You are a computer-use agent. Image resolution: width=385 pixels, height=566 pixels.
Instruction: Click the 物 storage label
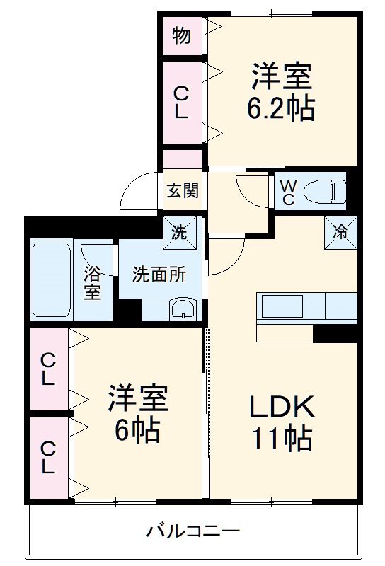pyautogui.click(x=181, y=35)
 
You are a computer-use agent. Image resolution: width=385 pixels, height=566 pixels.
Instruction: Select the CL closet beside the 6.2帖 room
pyautogui.click(x=181, y=102)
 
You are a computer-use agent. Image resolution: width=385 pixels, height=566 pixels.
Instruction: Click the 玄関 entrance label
pyautogui.click(x=183, y=190)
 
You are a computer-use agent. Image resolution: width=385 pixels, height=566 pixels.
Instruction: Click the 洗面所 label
pyautogui.click(x=159, y=275)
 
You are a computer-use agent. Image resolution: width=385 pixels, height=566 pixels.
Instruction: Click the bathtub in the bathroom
pyautogui.click(x=52, y=280)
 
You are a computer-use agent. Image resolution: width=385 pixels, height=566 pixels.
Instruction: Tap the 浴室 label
pyautogui.click(x=92, y=282)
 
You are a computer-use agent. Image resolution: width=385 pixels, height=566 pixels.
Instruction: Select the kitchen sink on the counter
pyautogui.click(x=282, y=307)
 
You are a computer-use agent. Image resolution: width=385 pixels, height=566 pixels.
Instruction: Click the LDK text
pyautogui.click(x=281, y=408)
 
